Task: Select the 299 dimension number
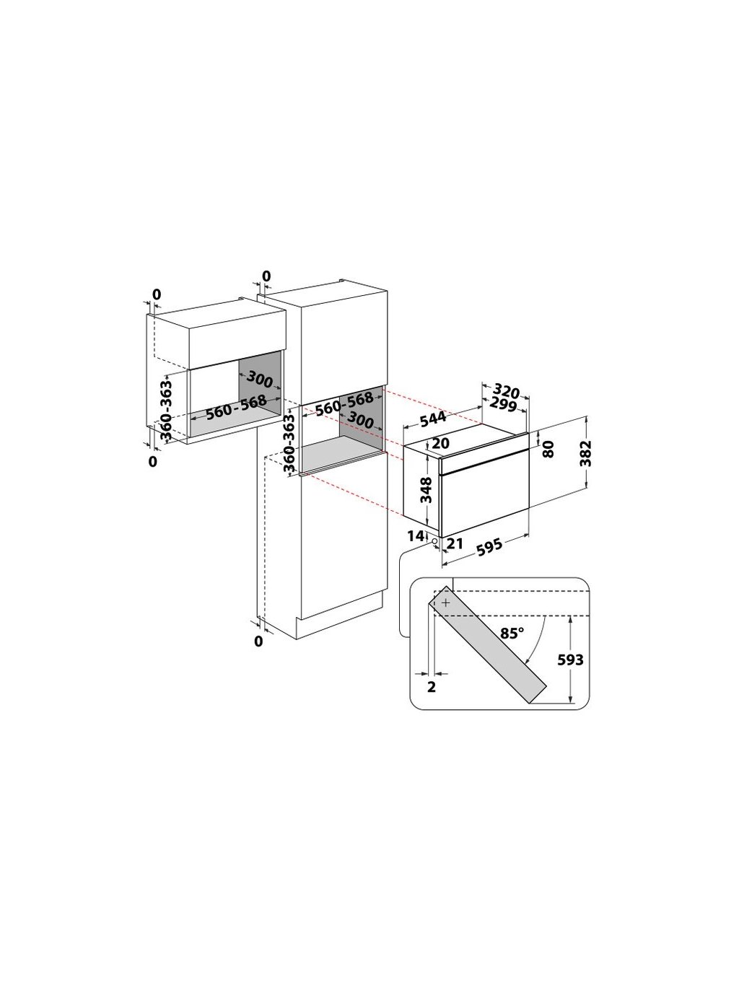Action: point(502,406)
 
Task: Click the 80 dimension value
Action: point(548,449)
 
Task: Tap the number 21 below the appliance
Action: point(454,543)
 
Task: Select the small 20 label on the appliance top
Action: point(441,444)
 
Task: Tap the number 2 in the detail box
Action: point(432,686)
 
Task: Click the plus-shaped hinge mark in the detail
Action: point(445,602)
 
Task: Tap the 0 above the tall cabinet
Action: point(266,276)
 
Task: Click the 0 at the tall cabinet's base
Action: point(258,641)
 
